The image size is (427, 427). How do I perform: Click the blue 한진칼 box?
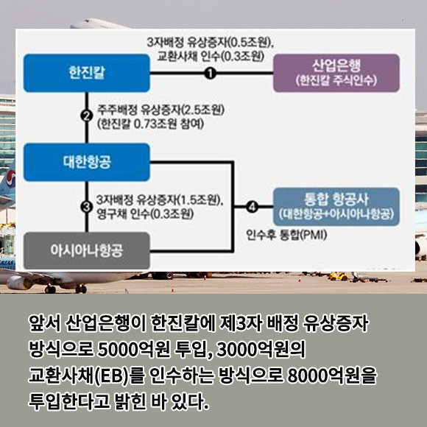coord(87,73)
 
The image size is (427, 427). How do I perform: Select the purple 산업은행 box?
coord(336,73)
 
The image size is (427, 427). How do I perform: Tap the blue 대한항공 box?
coord(87,162)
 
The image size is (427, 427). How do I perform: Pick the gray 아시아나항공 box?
coord(87,250)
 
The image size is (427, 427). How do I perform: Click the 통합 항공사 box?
coord(336,207)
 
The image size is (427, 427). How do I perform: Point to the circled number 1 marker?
coord(211,73)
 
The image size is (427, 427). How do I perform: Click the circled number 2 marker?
coord(87,116)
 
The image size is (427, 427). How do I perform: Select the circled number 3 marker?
coord(87,207)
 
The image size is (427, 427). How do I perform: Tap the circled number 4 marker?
coord(252,207)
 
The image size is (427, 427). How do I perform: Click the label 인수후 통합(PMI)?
coord(286,234)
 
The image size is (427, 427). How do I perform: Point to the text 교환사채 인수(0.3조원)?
coord(211,56)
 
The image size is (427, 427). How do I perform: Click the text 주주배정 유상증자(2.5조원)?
coord(160,110)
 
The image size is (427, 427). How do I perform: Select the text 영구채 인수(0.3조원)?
coord(145,213)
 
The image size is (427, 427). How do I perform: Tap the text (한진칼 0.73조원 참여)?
coord(150,124)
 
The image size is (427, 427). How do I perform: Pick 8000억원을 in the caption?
coord(332,375)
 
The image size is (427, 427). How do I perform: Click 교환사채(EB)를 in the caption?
coord(86,375)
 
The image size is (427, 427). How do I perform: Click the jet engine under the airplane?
coord(18,283)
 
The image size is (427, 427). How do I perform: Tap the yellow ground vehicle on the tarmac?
coord(338,277)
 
